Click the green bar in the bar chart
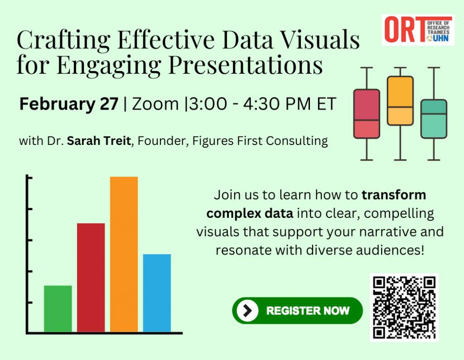coord(58,308)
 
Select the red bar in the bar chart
coord(91,277)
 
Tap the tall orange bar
coord(124,254)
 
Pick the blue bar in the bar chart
coord(157,293)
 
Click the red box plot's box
coord(366,114)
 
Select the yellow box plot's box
coord(400,101)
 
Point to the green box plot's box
coord(434,119)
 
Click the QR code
coord(404,307)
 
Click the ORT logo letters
coord(399,29)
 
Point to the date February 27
coord(68,105)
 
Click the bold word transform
coord(394,196)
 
